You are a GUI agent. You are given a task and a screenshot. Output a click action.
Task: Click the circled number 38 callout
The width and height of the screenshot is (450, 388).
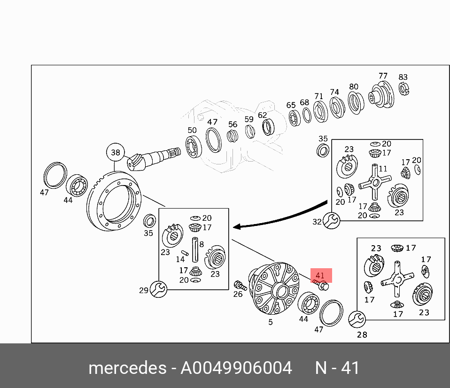(116, 152)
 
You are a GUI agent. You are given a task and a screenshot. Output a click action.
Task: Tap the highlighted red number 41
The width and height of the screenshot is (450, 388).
(320, 275)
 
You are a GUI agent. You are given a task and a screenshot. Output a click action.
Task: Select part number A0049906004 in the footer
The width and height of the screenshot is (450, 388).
(236, 368)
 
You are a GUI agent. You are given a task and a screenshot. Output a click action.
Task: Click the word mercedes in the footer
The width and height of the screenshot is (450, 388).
(127, 368)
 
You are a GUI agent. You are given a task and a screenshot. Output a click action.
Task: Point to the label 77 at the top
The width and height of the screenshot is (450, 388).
(383, 76)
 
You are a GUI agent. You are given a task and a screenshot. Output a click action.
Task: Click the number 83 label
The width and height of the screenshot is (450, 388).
(403, 77)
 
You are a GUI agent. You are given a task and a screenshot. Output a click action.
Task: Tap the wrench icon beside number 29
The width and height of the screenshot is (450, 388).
(158, 289)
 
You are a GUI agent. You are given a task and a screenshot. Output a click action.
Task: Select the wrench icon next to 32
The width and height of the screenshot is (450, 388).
(332, 220)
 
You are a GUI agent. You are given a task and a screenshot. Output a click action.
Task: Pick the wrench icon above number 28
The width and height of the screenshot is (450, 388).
(357, 319)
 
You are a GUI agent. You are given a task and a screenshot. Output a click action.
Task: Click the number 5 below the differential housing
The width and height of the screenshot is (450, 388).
(271, 322)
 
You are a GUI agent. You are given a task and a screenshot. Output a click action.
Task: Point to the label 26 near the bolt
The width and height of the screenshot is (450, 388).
(238, 295)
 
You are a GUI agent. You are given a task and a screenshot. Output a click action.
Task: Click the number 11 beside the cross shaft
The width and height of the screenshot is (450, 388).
(383, 169)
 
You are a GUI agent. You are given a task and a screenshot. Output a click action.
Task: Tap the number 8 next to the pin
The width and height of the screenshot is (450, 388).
(201, 244)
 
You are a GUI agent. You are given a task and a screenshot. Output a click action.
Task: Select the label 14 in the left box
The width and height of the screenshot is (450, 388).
(180, 259)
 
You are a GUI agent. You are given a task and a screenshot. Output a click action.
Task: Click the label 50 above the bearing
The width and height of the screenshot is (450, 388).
(192, 130)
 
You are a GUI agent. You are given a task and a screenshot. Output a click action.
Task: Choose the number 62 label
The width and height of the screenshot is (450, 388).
(262, 115)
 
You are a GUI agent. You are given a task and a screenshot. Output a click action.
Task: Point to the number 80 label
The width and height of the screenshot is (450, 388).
(353, 87)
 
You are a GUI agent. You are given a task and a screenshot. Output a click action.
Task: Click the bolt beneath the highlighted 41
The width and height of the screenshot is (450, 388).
(322, 285)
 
